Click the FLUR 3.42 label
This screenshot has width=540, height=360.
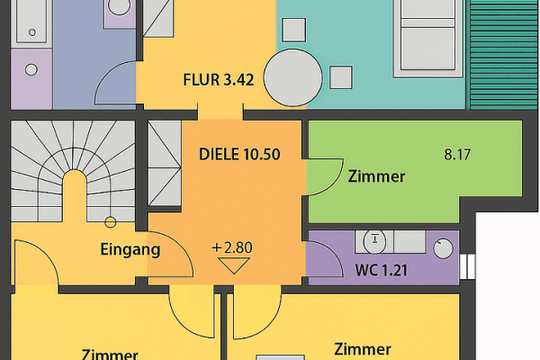(x=219, y=79)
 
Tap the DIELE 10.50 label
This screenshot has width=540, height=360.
(x=239, y=154)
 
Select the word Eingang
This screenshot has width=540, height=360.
(x=130, y=250)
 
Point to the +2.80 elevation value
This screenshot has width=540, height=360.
(x=234, y=246)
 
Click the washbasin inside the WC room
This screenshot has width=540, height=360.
(x=377, y=240)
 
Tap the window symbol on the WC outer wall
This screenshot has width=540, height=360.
(x=466, y=266)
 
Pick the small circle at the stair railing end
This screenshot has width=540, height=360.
(x=110, y=221)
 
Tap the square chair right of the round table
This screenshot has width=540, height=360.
(x=340, y=77)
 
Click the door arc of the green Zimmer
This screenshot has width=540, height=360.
(x=326, y=175)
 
